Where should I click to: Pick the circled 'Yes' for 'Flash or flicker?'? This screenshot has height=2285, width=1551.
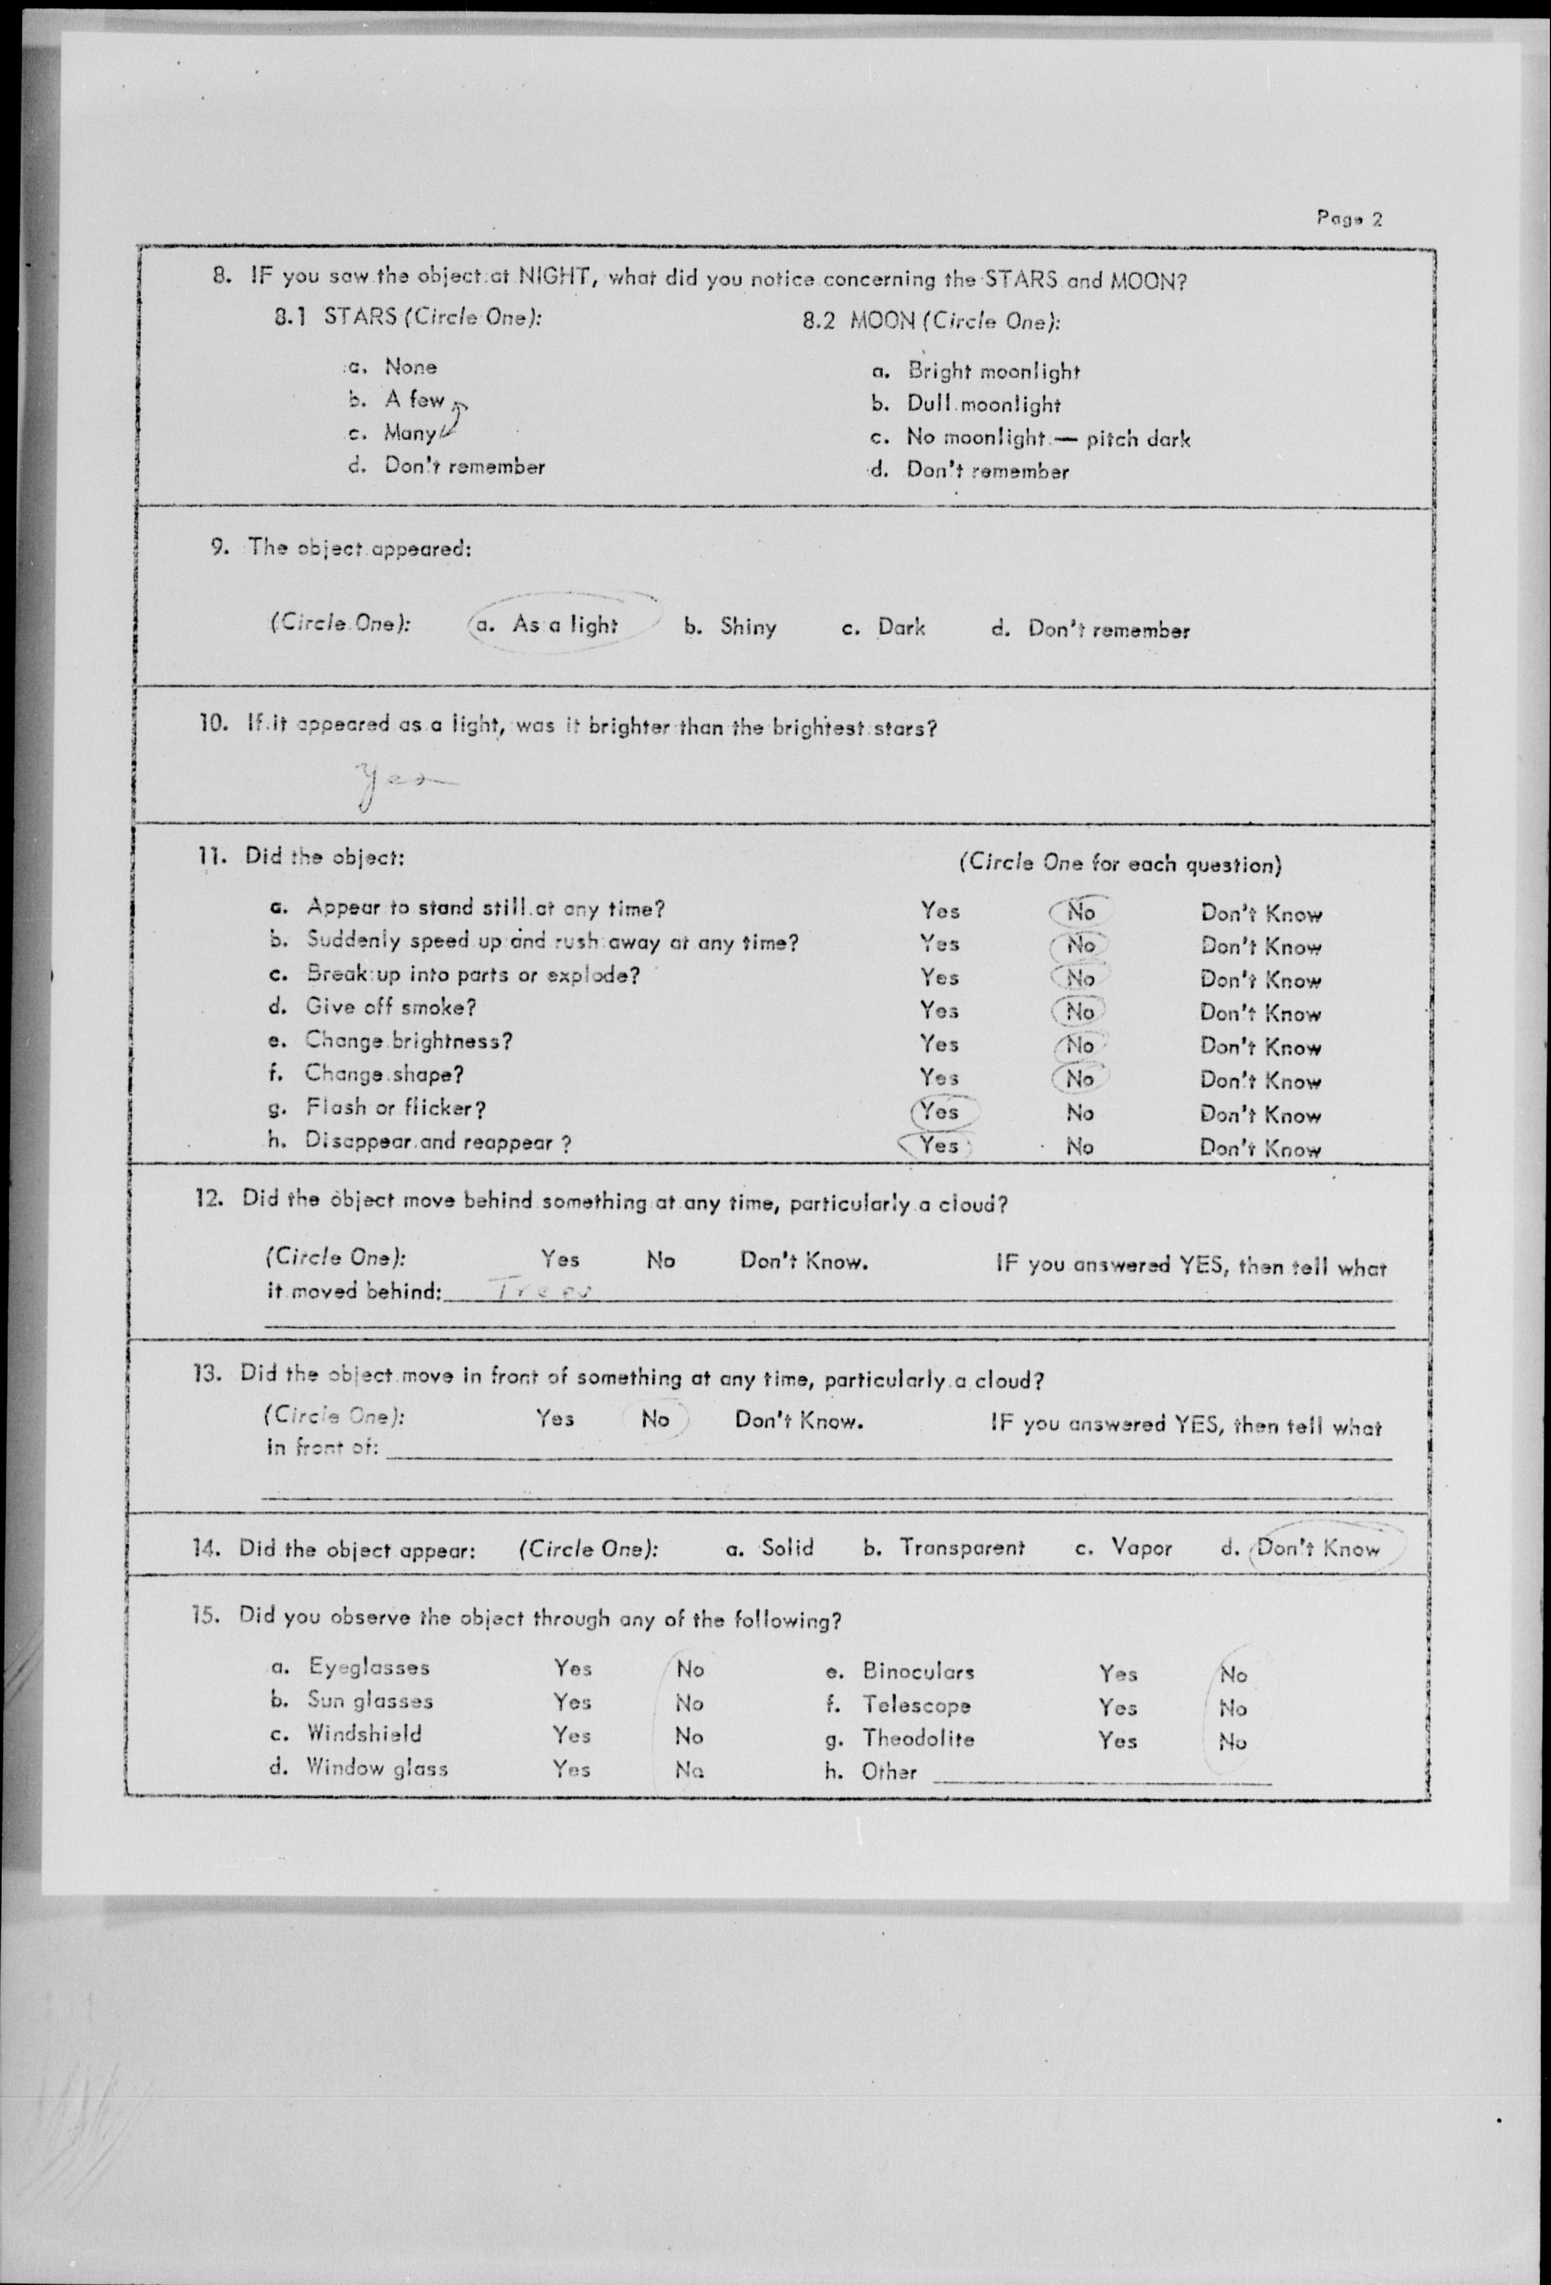tap(941, 1111)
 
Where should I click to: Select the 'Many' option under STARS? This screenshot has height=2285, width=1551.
tap(410, 433)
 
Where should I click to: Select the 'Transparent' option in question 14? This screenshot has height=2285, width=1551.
tap(961, 1548)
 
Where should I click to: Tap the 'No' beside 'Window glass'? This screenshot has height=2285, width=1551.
tap(689, 1770)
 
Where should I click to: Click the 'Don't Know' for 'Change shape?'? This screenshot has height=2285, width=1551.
tap(1260, 1080)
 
